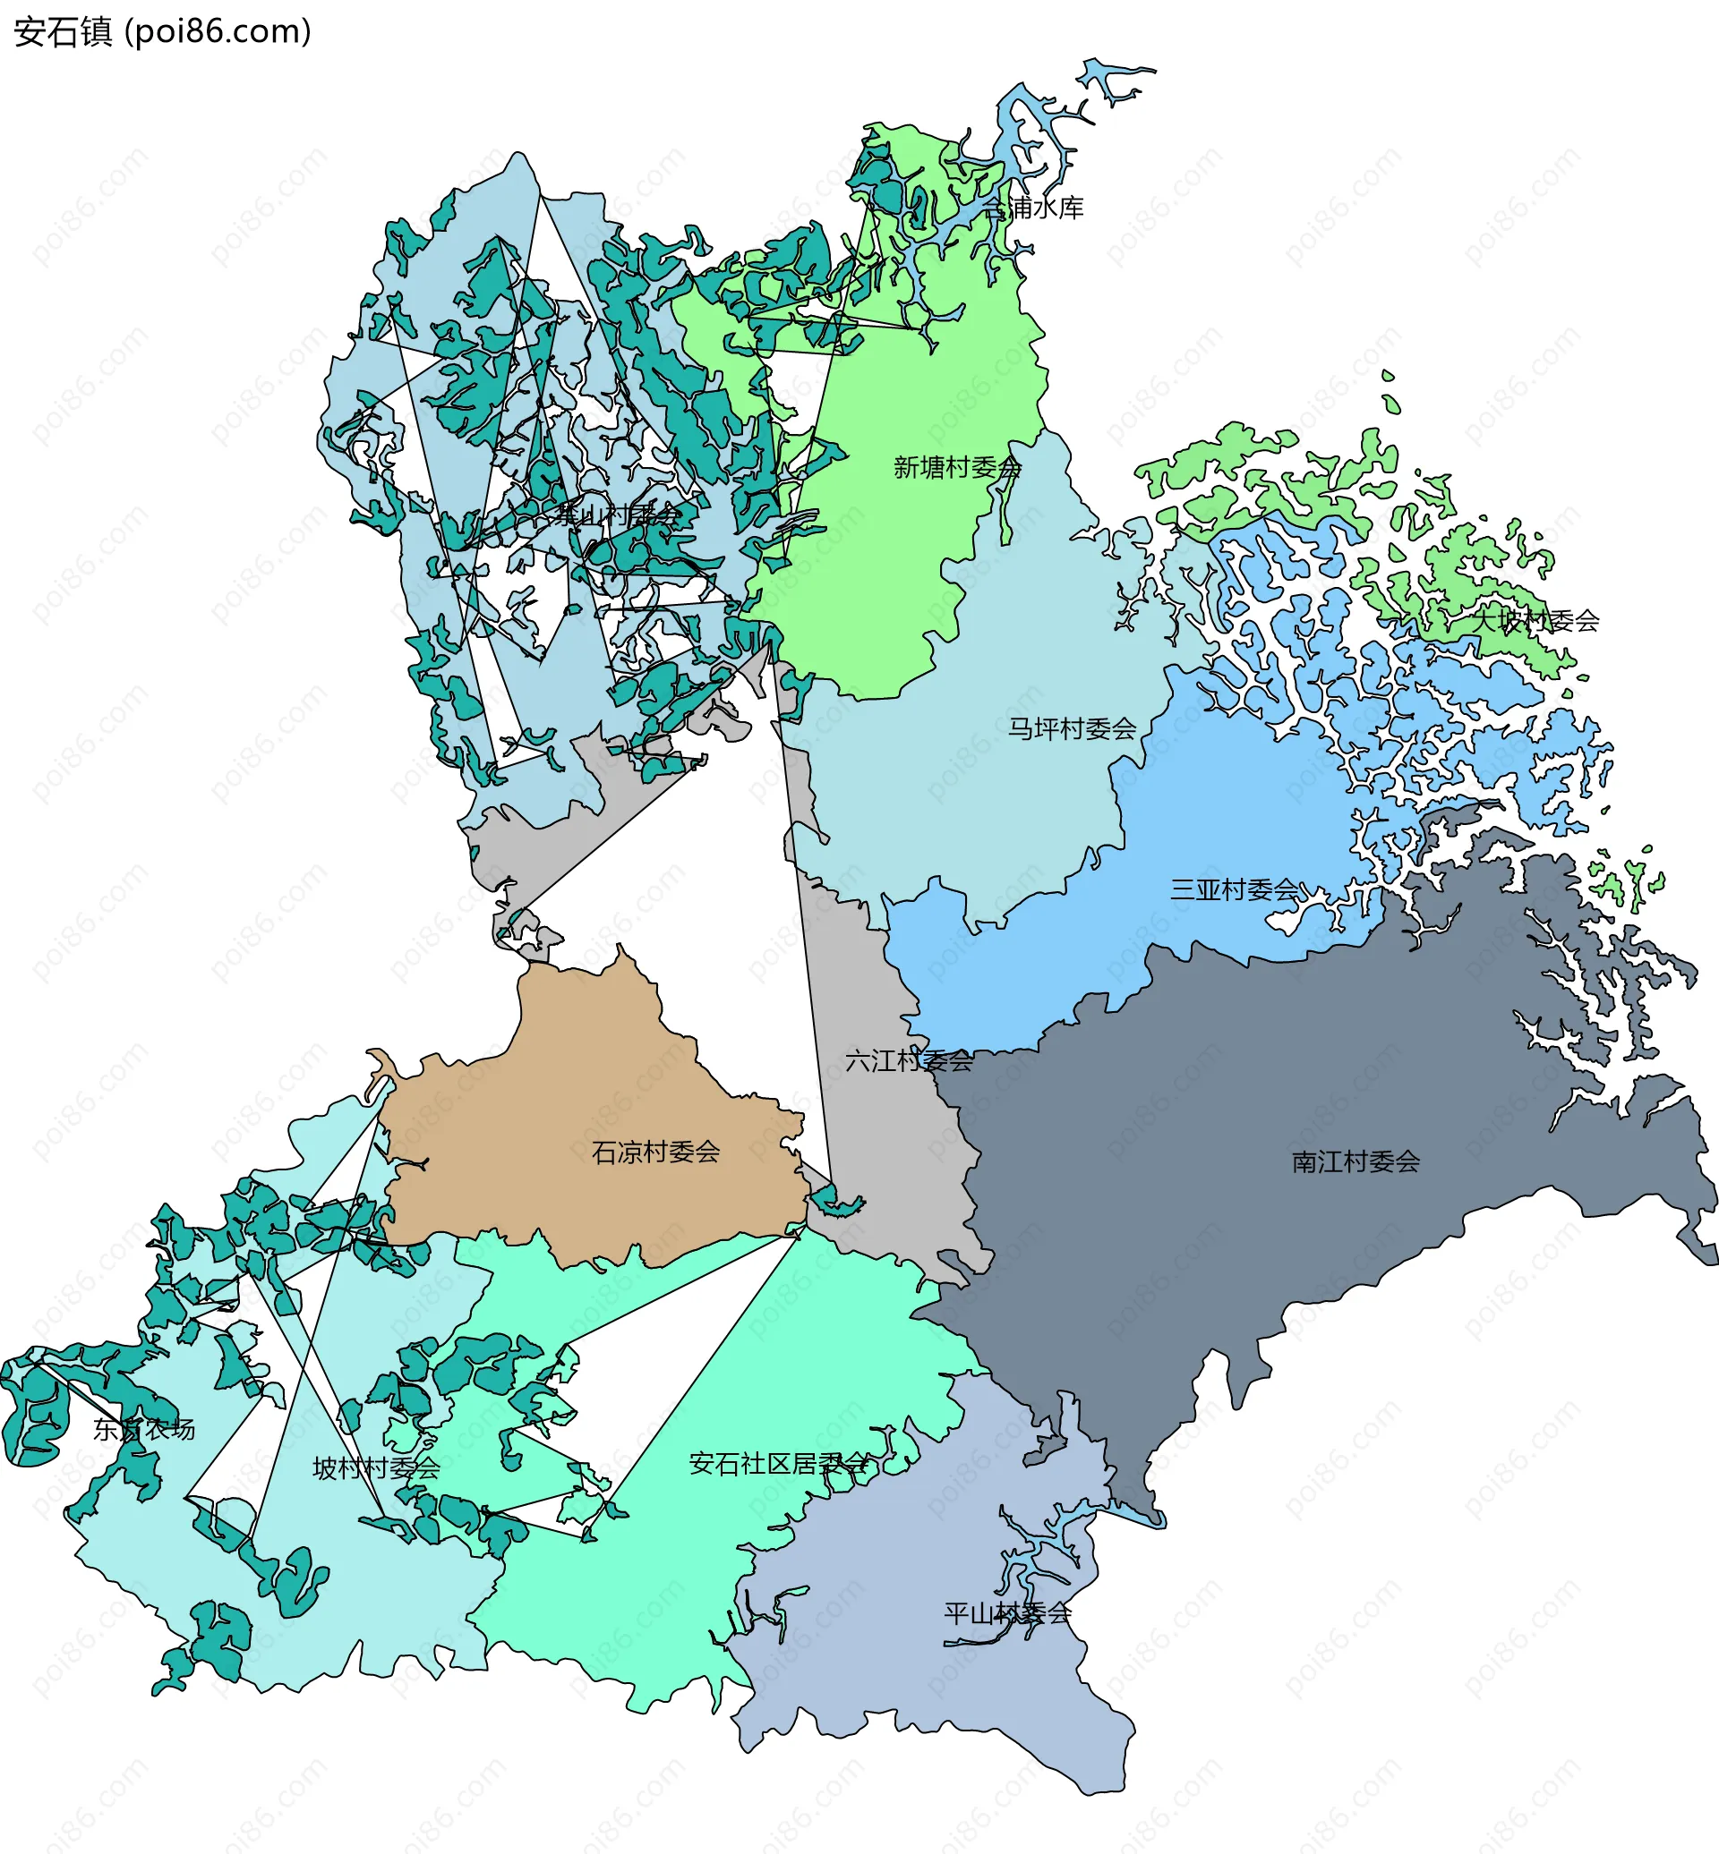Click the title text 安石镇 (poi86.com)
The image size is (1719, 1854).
tap(162, 31)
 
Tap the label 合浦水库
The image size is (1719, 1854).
tap(1033, 208)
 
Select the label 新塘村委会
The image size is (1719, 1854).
tap(957, 467)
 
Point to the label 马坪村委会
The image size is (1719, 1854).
tap(1072, 728)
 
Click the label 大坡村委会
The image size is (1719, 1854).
tap(1535, 620)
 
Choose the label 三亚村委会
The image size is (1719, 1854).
tap(1234, 889)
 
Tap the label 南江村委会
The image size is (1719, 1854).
tap(1356, 1161)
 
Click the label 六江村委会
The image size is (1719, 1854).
tap(909, 1060)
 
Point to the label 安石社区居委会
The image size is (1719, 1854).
tap(780, 1464)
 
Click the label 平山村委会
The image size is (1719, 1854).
tap(1007, 1613)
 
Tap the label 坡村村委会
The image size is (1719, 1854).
tap(376, 1468)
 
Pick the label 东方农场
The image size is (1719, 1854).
tap(144, 1429)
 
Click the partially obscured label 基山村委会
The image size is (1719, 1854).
tap(618, 515)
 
